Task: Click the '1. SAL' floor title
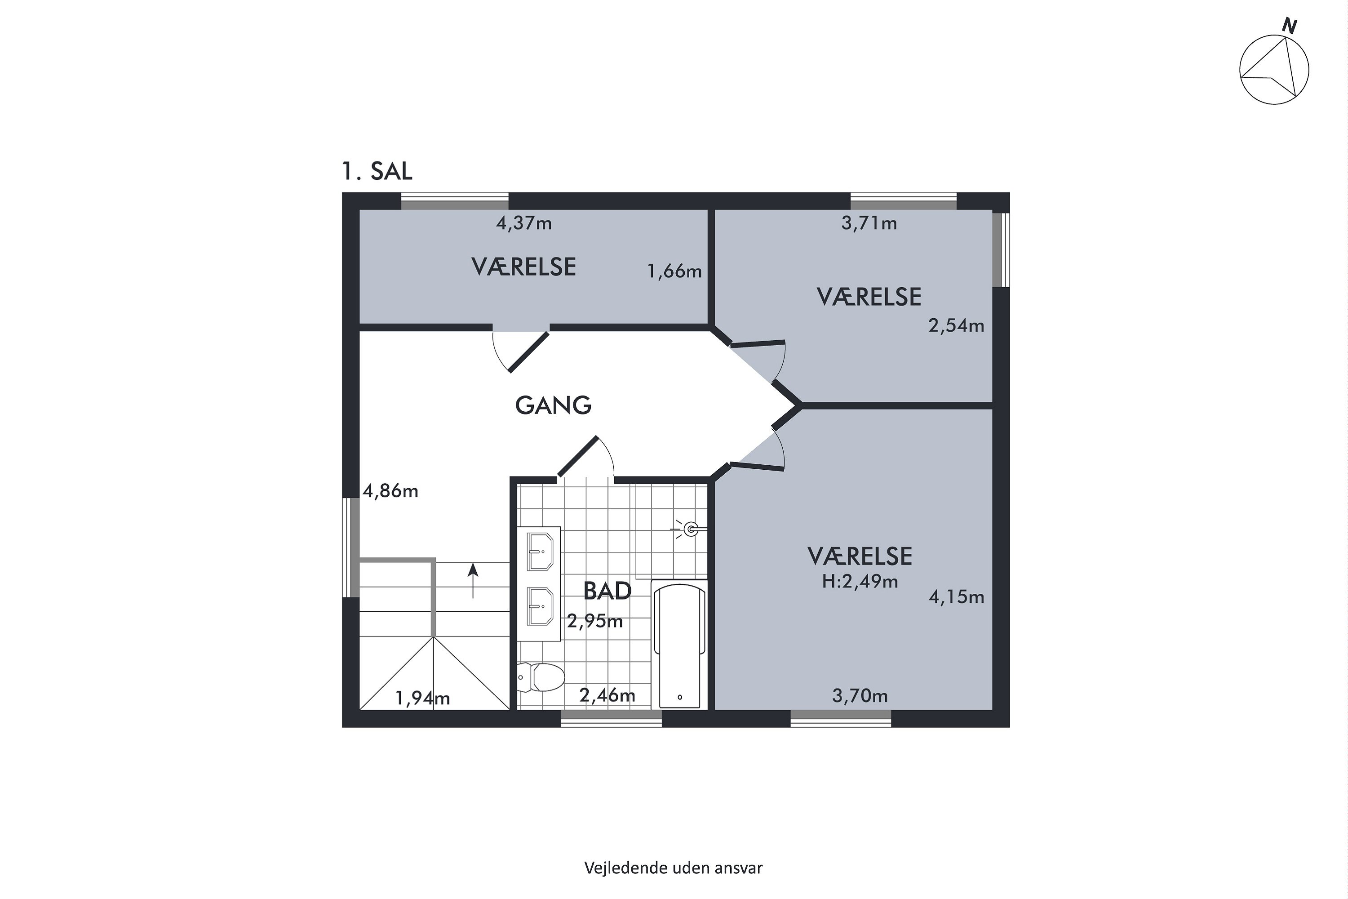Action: click(377, 171)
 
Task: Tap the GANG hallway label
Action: click(553, 405)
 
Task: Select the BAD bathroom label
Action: click(607, 591)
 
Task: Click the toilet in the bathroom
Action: click(541, 677)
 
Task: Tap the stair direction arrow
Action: click(473, 580)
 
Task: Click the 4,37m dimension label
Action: click(524, 223)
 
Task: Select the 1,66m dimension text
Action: click(674, 271)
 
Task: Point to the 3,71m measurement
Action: click(869, 223)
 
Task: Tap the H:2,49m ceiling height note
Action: click(860, 582)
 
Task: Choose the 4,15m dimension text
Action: click(956, 597)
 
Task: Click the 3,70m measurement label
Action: click(860, 696)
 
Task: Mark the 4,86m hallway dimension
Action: click(390, 491)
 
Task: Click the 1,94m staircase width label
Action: click(422, 699)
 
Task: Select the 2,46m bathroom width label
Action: click(607, 695)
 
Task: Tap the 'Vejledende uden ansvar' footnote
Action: click(674, 868)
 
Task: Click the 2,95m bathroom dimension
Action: click(595, 621)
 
